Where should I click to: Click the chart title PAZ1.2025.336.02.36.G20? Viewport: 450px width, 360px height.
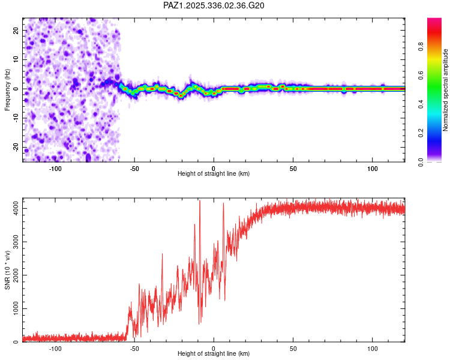pyautogui.click(x=214, y=5)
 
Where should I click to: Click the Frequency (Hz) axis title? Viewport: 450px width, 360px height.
pyautogui.click(x=7, y=89)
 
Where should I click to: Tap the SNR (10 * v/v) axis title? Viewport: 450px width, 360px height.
pyautogui.click(x=7, y=269)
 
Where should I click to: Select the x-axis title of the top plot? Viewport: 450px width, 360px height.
pyautogui.click(x=214, y=174)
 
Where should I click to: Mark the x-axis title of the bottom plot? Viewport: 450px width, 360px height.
pyautogui.click(x=214, y=354)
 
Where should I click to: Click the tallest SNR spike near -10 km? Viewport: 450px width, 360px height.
pyautogui.click(x=200, y=202)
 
